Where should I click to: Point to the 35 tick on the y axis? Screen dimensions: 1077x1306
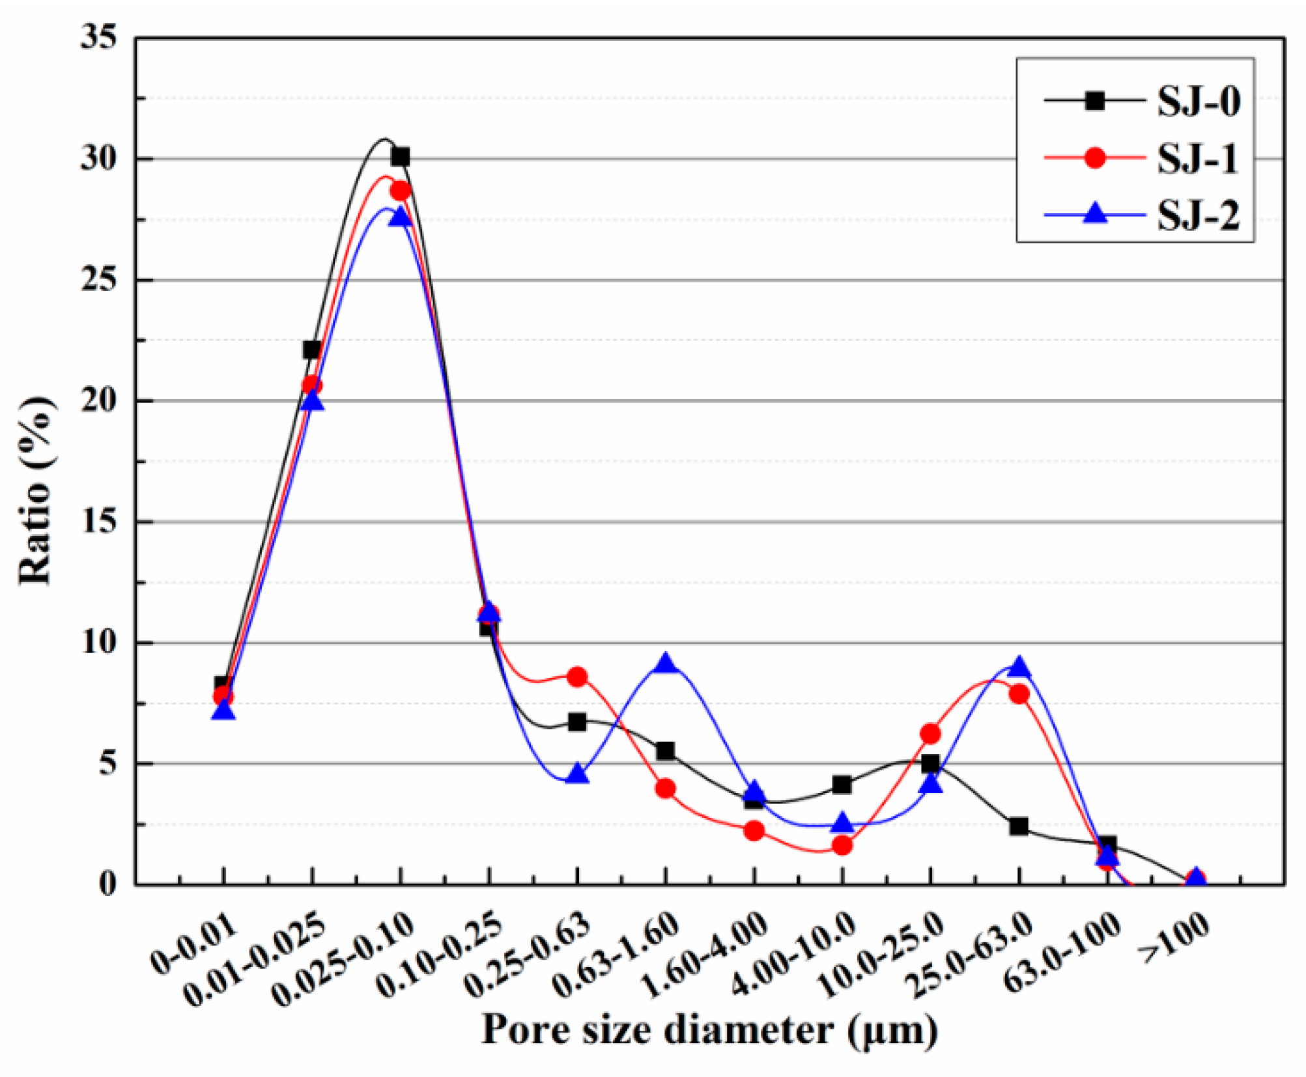click(99, 38)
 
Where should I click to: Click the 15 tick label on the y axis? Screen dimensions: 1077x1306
click(99, 521)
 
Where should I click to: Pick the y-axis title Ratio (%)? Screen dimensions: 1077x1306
click(36, 492)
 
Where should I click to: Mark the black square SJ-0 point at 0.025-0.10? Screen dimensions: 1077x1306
click(401, 157)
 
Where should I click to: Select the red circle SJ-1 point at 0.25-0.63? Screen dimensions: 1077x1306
click(577, 677)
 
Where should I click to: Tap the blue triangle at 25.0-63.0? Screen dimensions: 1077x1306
click(1019, 668)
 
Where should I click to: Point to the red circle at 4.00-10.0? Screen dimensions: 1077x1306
click(842, 846)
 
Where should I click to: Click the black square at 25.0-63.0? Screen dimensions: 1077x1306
click(1019, 827)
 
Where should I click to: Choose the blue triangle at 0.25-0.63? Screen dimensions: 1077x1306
click(577, 775)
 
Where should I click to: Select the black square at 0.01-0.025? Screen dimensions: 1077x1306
click(312, 350)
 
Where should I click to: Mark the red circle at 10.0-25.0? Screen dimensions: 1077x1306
click(931, 734)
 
